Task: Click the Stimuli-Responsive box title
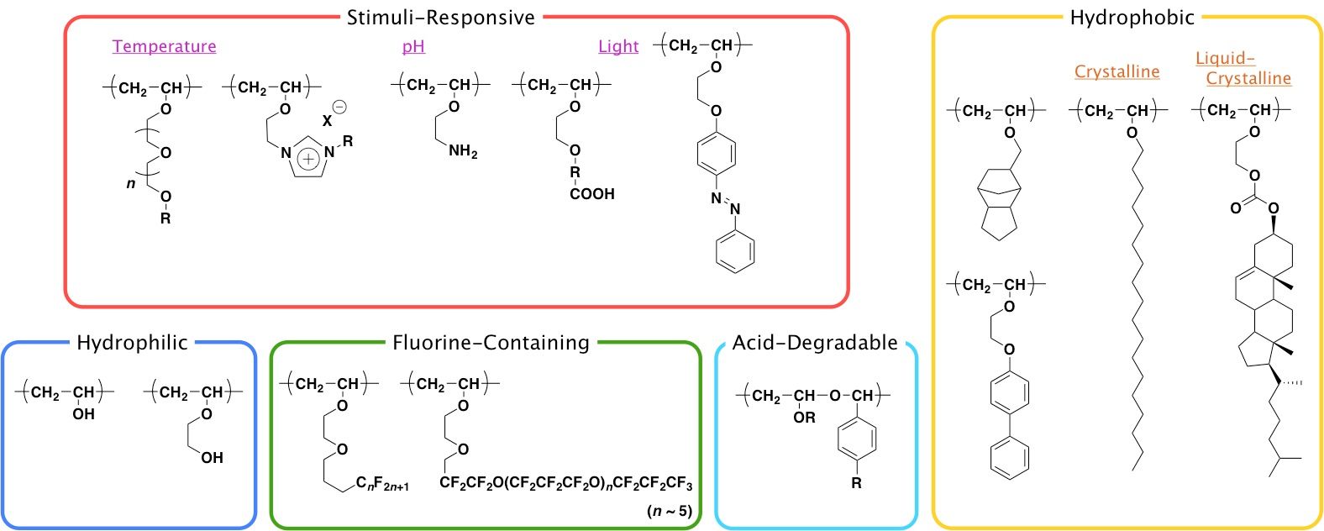tap(440, 18)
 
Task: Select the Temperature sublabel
tap(164, 46)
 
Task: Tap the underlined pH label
tap(413, 46)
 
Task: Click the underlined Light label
tap(618, 46)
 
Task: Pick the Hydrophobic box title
tap(1132, 18)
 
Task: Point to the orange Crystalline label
tap(1116, 71)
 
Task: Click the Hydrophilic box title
tap(132, 342)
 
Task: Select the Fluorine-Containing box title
tap(491, 342)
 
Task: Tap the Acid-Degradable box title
tap(815, 342)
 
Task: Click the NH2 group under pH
tap(463, 151)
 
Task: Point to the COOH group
tap(592, 194)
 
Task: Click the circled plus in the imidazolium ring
tap(309, 159)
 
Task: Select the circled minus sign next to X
tap(339, 107)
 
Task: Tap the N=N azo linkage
tap(725, 203)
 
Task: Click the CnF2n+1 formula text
tap(382, 484)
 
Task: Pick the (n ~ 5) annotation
tap(670, 511)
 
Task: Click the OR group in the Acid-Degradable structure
tap(804, 418)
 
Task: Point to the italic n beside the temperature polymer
tap(131, 182)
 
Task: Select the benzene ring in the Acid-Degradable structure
tap(856, 439)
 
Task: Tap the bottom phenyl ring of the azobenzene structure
tap(735, 251)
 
